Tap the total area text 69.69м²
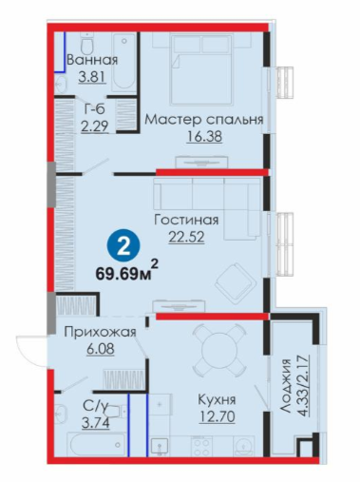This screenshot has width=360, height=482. [127, 271]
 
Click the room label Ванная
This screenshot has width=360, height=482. [92, 60]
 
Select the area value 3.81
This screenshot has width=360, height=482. [92, 77]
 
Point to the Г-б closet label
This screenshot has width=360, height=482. [94, 109]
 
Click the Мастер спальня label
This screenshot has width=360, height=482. [204, 120]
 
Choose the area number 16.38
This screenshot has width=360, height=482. [204, 137]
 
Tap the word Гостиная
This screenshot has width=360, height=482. [186, 220]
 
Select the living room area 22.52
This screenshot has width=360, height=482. [186, 237]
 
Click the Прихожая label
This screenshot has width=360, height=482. [101, 332]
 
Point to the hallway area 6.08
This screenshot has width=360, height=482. [100, 349]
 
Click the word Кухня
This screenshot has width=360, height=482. [217, 399]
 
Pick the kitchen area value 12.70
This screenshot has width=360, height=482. [217, 416]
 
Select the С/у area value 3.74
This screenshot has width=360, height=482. [96, 423]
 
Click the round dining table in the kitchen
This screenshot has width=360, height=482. [218, 349]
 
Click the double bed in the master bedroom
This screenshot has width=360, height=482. [200, 69]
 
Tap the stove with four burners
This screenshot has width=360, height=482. [201, 446]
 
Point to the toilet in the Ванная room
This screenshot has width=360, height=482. [86, 44]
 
